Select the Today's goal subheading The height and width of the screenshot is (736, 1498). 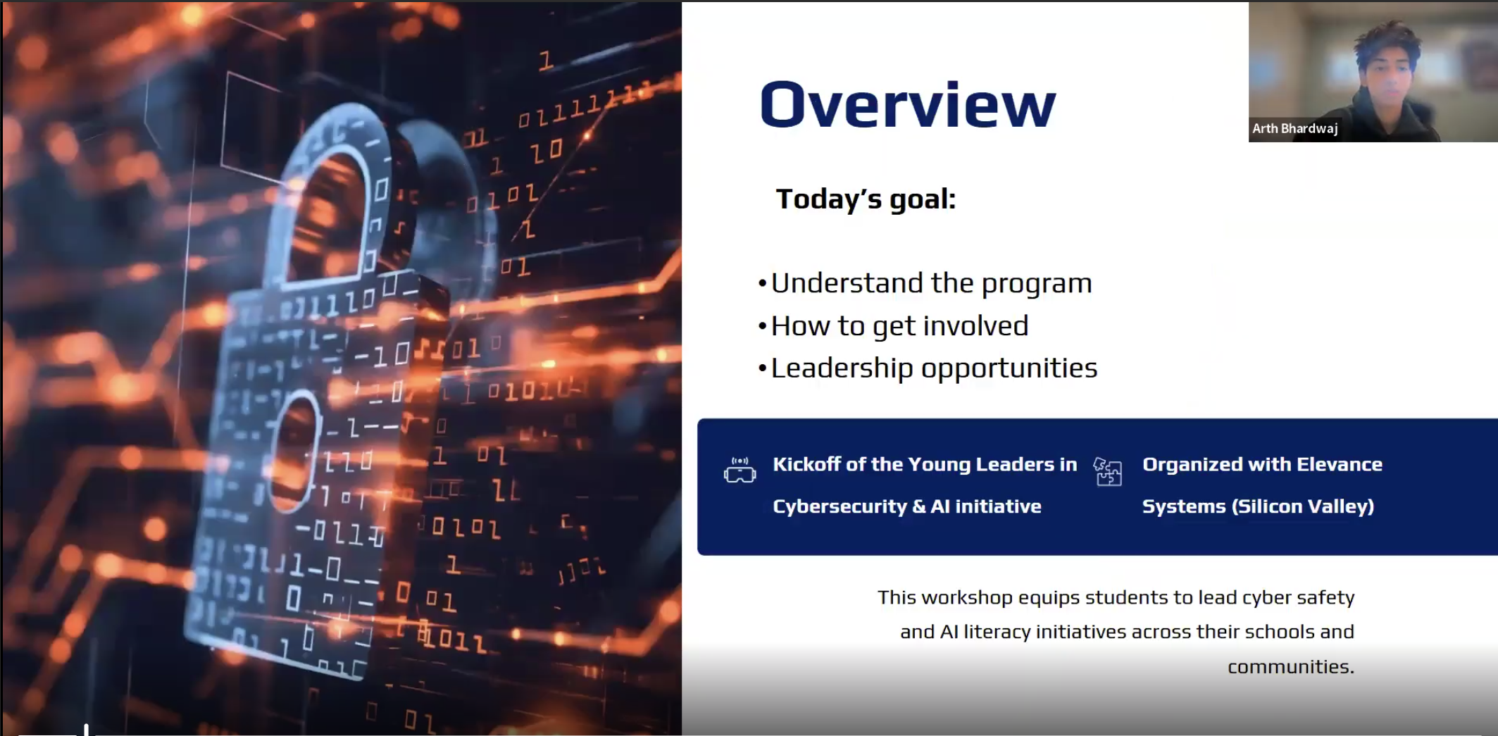(x=866, y=199)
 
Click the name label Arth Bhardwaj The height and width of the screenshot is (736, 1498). (x=1294, y=128)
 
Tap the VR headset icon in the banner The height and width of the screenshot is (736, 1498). (x=739, y=470)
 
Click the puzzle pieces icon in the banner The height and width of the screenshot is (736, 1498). (x=1108, y=471)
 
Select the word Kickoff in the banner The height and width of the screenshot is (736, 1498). (x=806, y=464)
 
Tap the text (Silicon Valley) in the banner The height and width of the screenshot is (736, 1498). (x=1303, y=506)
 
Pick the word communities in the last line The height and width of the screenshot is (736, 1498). (x=1291, y=667)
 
